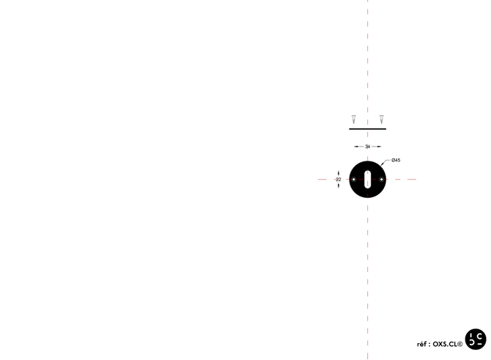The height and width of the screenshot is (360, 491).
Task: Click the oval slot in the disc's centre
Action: (368, 179)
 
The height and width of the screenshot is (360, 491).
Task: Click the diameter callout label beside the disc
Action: (394, 159)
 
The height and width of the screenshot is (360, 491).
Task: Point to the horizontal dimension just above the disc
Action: (368, 147)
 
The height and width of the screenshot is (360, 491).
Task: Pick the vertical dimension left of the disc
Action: (339, 179)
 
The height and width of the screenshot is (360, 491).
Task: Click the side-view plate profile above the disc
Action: (368, 129)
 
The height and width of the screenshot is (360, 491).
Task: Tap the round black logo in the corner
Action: (476, 339)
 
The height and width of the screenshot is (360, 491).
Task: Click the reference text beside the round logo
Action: (440, 342)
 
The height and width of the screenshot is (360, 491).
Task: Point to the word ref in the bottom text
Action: (421, 342)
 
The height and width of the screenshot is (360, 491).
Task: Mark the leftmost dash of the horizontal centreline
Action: (321, 179)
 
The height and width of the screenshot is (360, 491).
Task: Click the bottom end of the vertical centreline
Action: (368, 357)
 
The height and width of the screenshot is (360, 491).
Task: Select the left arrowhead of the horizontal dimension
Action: (353, 147)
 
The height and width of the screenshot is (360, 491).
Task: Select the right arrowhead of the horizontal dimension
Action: (383, 147)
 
